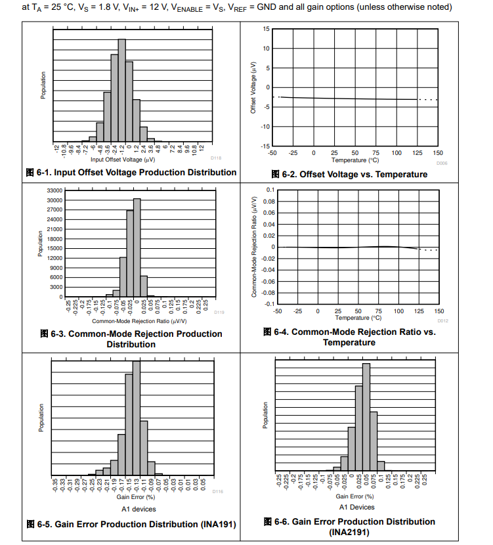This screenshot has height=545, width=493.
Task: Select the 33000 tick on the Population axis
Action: click(x=54, y=190)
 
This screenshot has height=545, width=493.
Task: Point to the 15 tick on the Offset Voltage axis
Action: click(x=266, y=30)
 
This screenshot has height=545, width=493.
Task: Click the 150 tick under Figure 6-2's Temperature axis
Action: click(x=438, y=152)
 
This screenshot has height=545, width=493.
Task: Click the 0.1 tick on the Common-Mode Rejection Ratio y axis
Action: click(x=270, y=190)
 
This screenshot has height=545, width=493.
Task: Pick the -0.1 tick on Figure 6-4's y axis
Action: click(x=269, y=304)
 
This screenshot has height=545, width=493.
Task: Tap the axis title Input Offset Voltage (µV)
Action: click(x=123, y=159)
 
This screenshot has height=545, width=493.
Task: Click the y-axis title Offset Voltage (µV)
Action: click(x=253, y=87)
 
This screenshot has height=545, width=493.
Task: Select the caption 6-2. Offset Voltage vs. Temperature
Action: click(x=349, y=174)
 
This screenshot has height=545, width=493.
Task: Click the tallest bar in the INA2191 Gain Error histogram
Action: click(x=366, y=417)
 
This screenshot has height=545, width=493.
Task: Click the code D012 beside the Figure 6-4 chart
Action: click(x=442, y=320)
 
